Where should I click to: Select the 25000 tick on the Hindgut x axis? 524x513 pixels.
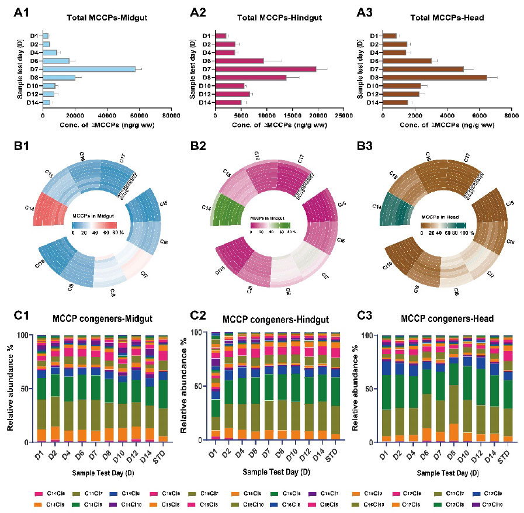(343, 116)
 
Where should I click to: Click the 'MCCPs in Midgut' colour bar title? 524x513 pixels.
(95, 217)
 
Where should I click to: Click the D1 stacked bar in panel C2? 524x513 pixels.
(216, 386)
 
